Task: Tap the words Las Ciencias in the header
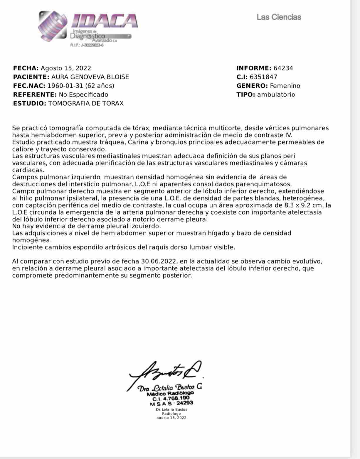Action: (x=279, y=17)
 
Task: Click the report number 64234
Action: (x=283, y=68)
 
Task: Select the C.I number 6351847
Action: (x=263, y=77)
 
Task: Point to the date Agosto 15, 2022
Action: (x=66, y=68)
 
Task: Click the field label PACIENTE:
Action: (x=31, y=77)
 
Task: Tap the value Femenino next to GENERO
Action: (x=285, y=86)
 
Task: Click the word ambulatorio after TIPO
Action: (x=276, y=95)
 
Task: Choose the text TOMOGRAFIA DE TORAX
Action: (x=86, y=103)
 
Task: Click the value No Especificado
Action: (x=83, y=95)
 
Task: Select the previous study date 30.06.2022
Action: (x=159, y=261)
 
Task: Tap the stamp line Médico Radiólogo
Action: (x=170, y=393)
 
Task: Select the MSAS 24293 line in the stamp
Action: (x=171, y=403)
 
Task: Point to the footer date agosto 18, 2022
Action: (x=171, y=418)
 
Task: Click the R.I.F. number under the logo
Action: (x=87, y=45)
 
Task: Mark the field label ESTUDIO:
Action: (x=30, y=103)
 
